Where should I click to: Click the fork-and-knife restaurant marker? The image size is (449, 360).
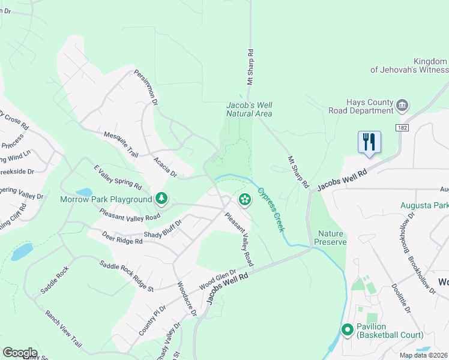369,142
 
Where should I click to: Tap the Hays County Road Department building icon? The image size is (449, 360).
402,106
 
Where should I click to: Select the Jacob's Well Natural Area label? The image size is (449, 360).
249,109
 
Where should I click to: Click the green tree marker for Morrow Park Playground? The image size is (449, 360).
161,198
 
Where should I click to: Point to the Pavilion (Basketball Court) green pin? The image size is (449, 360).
347,329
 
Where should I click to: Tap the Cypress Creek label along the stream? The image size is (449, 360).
271,210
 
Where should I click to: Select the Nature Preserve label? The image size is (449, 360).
332,238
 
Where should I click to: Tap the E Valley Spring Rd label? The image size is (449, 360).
117,177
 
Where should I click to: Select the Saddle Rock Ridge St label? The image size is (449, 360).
127,276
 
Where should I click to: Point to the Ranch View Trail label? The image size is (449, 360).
63,328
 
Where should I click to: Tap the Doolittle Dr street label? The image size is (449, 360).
401,299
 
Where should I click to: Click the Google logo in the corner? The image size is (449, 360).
20,353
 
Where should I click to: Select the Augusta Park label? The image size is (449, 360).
425,206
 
